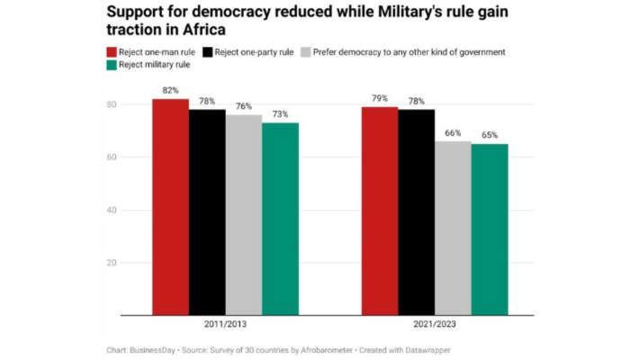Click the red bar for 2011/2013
[x=170, y=207]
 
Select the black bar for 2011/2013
[x=207, y=212]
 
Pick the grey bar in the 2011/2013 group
[x=244, y=215]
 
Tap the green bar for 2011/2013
[x=280, y=220]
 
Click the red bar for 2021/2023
[x=380, y=211]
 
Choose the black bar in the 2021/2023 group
[x=417, y=212]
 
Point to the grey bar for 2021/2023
[x=453, y=229]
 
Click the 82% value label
[x=170, y=91]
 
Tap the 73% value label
[x=280, y=115]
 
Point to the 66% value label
[x=453, y=133]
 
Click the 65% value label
[x=490, y=136]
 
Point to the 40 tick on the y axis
[x=111, y=211]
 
